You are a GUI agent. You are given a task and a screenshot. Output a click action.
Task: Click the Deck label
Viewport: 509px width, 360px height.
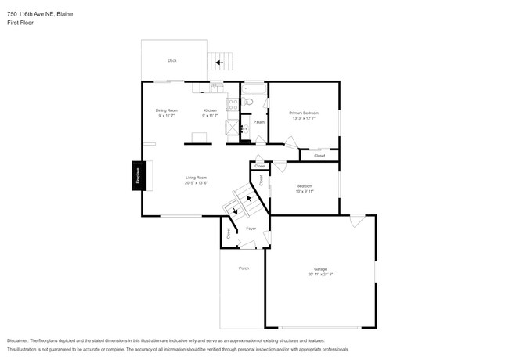click(x=171, y=60)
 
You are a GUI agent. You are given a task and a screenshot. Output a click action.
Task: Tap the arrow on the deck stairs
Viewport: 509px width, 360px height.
click(x=220, y=61)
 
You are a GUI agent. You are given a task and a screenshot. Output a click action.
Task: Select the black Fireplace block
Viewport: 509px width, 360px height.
click(x=136, y=176)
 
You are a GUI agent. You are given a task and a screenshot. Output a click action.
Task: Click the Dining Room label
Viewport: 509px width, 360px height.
click(x=167, y=110)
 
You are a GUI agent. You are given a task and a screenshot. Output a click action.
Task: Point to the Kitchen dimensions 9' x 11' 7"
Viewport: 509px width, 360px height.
click(x=210, y=116)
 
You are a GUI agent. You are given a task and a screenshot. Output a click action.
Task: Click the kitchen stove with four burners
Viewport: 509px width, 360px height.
click(x=232, y=104)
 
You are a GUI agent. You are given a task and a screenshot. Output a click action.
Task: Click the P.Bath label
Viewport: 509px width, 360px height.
click(x=258, y=122)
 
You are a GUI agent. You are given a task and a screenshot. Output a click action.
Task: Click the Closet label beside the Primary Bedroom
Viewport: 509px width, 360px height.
click(x=319, y=156)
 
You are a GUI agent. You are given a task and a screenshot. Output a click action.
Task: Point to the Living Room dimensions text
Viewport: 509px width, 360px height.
click(x=196, y=183)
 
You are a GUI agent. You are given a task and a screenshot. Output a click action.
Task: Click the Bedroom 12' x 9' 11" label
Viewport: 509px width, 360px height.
click(x=305, y=189)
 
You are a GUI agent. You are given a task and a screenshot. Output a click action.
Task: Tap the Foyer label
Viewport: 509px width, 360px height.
click(x=251, y=229)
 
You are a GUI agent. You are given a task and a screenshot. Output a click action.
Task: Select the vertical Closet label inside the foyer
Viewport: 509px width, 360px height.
click(x=229, y=232)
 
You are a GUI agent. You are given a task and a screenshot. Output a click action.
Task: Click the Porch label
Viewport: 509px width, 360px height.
click(x=244, y=268)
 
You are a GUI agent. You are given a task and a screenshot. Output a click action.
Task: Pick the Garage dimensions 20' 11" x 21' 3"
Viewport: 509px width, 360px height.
click(x=320, y=275)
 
